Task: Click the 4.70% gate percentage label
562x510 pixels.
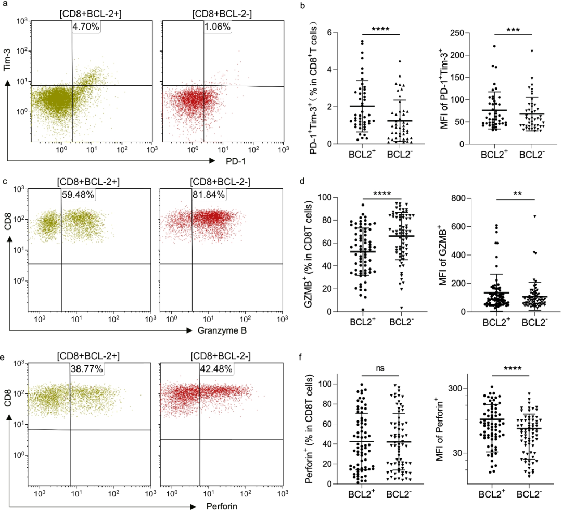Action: [86, 27]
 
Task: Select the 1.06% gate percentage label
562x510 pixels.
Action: [218, 27]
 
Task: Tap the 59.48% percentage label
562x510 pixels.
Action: [78, 195]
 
